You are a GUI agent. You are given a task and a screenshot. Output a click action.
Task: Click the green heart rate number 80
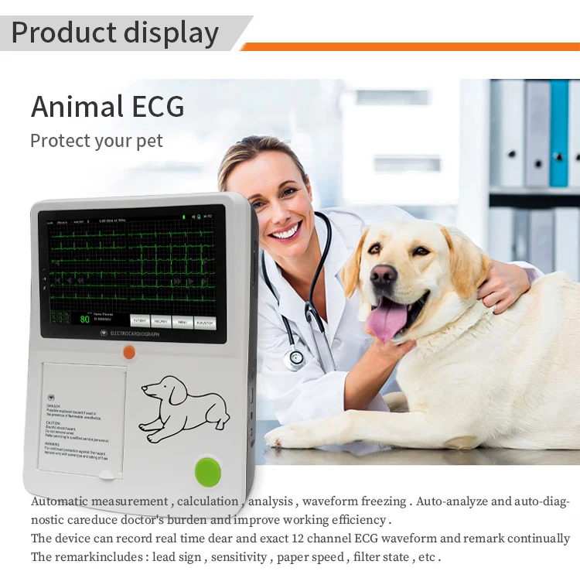[x=85, y=318]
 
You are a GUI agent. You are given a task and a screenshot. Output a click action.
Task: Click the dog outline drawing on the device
[x=184, y=408]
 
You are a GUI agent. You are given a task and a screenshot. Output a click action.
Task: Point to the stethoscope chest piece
[x=295, y=357]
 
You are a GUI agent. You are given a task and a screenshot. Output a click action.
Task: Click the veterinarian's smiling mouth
[x=286, y=230]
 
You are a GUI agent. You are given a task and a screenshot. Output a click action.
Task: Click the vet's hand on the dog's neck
[x=501, y=287]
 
